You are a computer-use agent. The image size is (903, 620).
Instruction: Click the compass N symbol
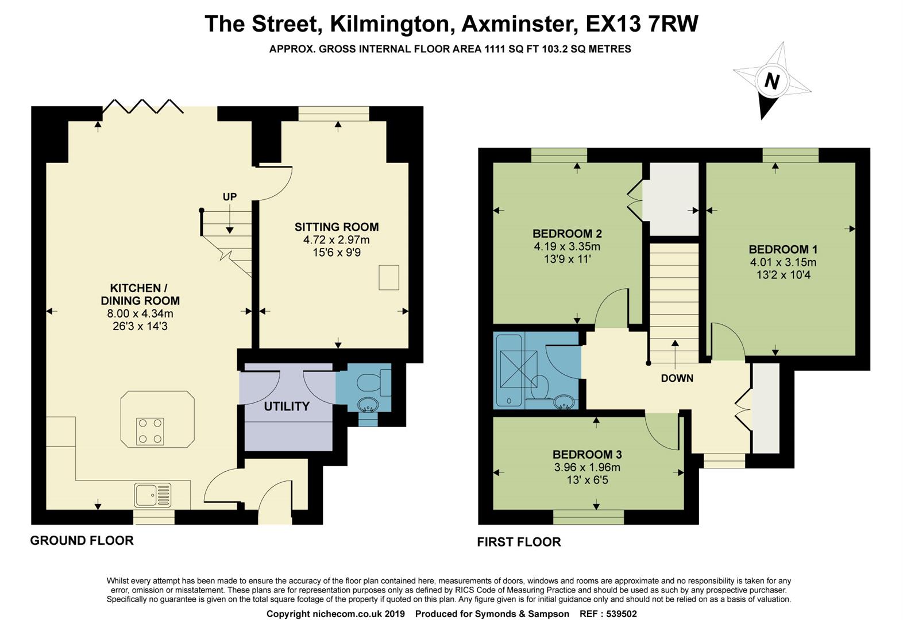[x=771, y=82]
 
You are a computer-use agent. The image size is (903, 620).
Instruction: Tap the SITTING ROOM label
[x=337, y=227]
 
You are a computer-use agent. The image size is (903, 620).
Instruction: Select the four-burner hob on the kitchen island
[x=150, y=431]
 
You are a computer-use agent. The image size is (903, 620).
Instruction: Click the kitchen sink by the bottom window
[x=153, y=495]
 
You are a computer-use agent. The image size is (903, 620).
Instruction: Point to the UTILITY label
[x=287, y=406]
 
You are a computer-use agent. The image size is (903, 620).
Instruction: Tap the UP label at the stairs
[x=230, y=197]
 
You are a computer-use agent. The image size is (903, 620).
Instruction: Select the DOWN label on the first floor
[x=677, y=378]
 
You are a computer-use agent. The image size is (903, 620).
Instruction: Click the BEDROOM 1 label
[x=783, y=249]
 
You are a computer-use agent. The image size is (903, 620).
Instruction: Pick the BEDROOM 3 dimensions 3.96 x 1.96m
[x=587, y=467]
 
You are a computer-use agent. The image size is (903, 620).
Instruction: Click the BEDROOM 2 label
[x=567, y=234]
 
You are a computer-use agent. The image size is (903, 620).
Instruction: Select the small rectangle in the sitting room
[x=389, y=277]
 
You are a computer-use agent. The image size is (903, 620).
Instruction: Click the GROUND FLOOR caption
[x=82, y=540]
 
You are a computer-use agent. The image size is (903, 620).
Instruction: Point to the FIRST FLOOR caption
[x=519, y=542]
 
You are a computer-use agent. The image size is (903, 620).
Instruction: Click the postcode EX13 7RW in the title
[x=642, y=24]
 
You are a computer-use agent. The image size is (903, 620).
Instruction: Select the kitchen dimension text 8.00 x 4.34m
[x=140, y=313]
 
